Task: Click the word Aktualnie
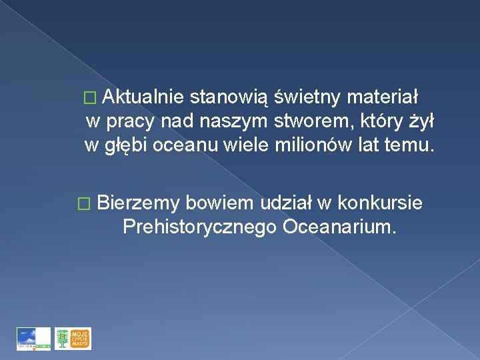pos(143,97)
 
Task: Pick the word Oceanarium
pos(339,227)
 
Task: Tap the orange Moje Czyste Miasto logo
pos(73,339)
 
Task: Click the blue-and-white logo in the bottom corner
pos(34,339)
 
